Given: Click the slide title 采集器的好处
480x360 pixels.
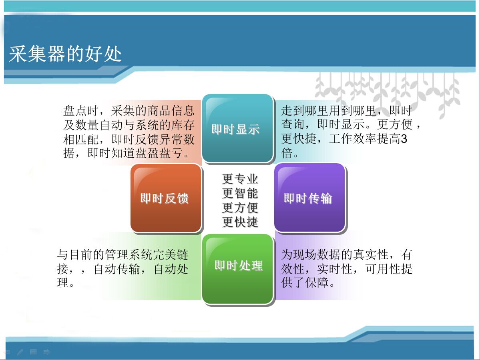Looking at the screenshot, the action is click(65, 54).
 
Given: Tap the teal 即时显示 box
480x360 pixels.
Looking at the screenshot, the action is click(237, 128).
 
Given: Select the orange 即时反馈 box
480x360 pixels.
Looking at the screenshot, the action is click(166, 198).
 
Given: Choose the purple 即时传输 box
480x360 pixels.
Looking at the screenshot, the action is click(310, 198).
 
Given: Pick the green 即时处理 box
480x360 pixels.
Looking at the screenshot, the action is click(237, 269).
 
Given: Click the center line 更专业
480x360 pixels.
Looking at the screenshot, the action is click(240, 179).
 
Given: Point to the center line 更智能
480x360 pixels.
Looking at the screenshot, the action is click(240, 193).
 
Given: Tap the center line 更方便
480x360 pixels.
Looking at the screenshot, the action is click(240, 208).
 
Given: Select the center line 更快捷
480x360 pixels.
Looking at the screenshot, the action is click(240, 222).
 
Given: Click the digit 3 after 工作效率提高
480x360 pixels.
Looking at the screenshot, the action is click(404, 139).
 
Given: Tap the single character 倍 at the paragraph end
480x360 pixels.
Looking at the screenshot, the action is click(287, 153).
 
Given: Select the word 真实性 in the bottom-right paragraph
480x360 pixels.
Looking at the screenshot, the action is click(371, 254).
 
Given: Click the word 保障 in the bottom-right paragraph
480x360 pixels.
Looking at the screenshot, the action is click(317, 283).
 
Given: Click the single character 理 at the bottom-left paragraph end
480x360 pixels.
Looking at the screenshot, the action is click(63, 283).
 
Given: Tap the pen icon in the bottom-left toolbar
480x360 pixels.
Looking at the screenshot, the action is click(20, 352).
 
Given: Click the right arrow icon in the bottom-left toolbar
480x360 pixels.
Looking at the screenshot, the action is click(46, 352).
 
